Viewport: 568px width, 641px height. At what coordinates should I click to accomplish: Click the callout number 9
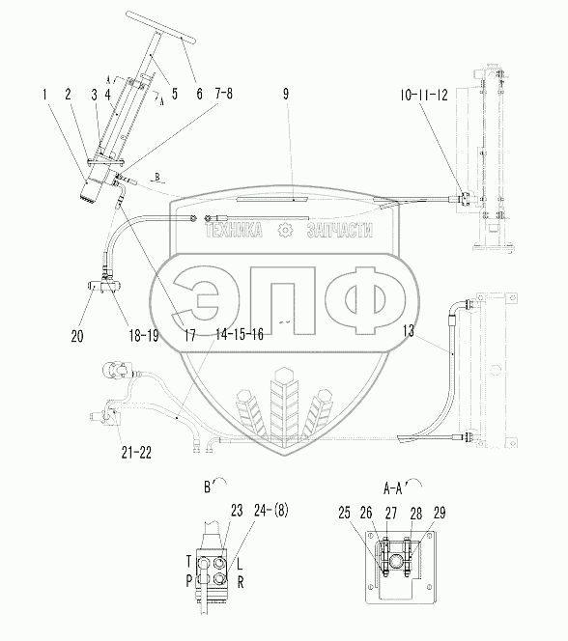[286, 94]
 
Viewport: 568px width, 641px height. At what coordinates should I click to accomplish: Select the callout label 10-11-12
[424, 96]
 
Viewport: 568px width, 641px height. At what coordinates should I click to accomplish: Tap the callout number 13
[408, 331]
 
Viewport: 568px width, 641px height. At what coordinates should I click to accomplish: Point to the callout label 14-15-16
[240, 334]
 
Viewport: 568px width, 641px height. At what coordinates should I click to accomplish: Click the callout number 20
[77, 336]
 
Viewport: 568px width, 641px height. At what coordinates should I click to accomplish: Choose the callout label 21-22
[136, 453]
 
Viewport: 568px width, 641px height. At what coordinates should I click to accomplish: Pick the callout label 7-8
[223, 94]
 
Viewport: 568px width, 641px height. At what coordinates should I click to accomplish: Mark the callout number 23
[237, 510]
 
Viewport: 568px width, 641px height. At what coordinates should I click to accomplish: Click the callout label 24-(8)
[271, 510]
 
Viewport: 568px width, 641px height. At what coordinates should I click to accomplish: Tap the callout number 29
[440, 513]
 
